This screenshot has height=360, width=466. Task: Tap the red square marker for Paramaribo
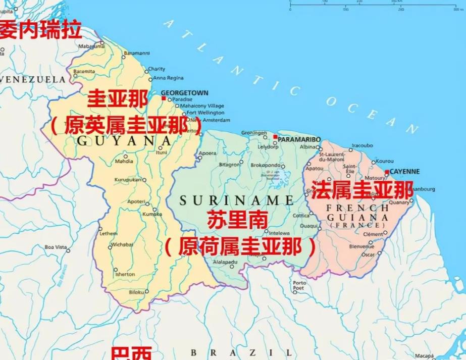coord(275,137)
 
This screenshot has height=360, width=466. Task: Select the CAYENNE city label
coord(405,172)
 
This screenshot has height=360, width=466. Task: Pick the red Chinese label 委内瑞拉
coord(40,31)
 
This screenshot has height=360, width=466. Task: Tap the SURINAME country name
coord(236,200)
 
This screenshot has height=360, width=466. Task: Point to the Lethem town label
coord(109,234)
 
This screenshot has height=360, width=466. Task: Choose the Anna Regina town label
coord(168,78)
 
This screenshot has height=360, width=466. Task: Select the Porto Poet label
coord(299,286)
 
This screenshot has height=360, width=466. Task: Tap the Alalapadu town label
coord(225,262)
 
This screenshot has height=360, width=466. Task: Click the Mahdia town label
coord(124,162)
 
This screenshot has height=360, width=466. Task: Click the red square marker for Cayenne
coord(387,172)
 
